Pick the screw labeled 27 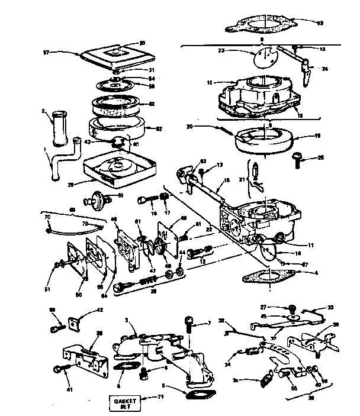click(291, 308)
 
